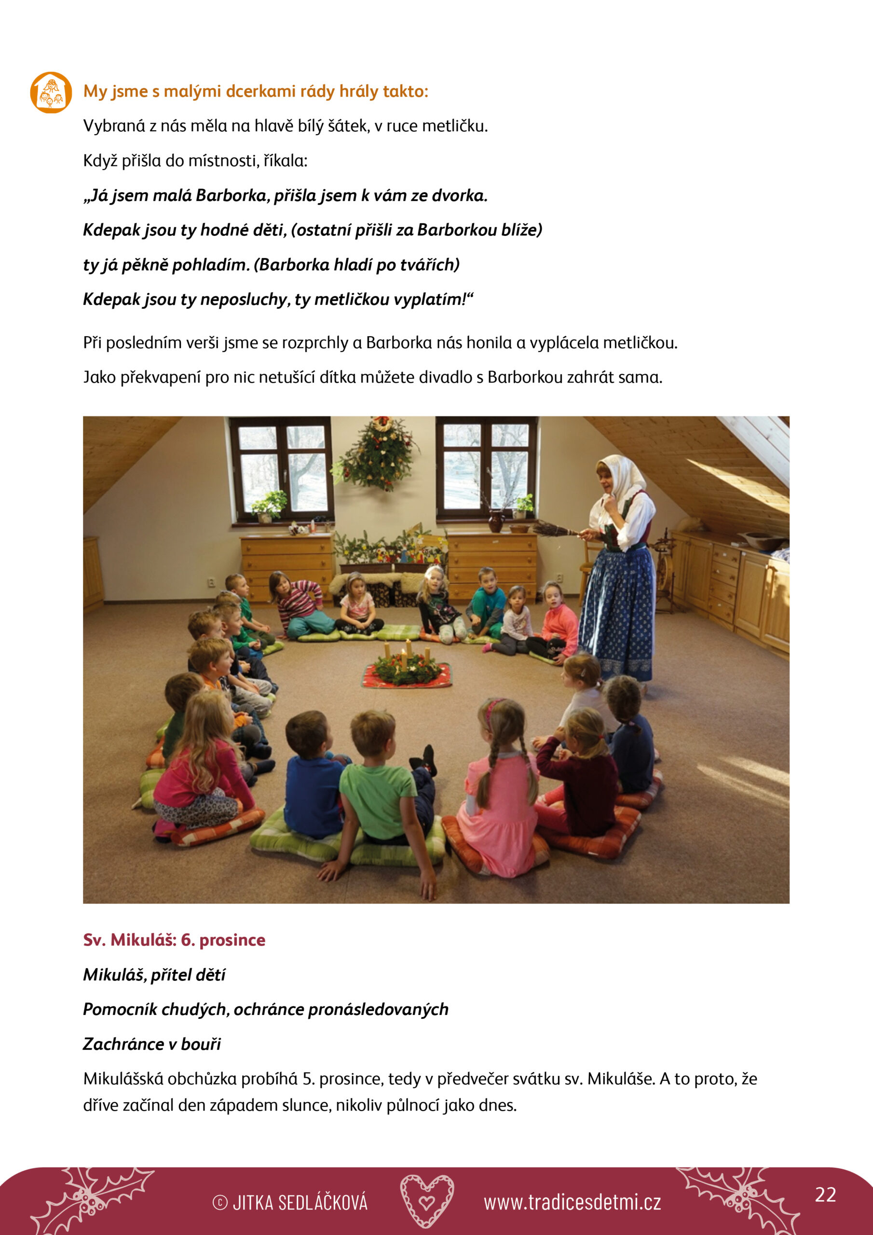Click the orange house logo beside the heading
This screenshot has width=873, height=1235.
51,93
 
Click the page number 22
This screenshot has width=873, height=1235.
825,1194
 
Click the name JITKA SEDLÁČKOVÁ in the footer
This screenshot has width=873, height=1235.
300,1203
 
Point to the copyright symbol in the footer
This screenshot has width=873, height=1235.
220,1203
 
